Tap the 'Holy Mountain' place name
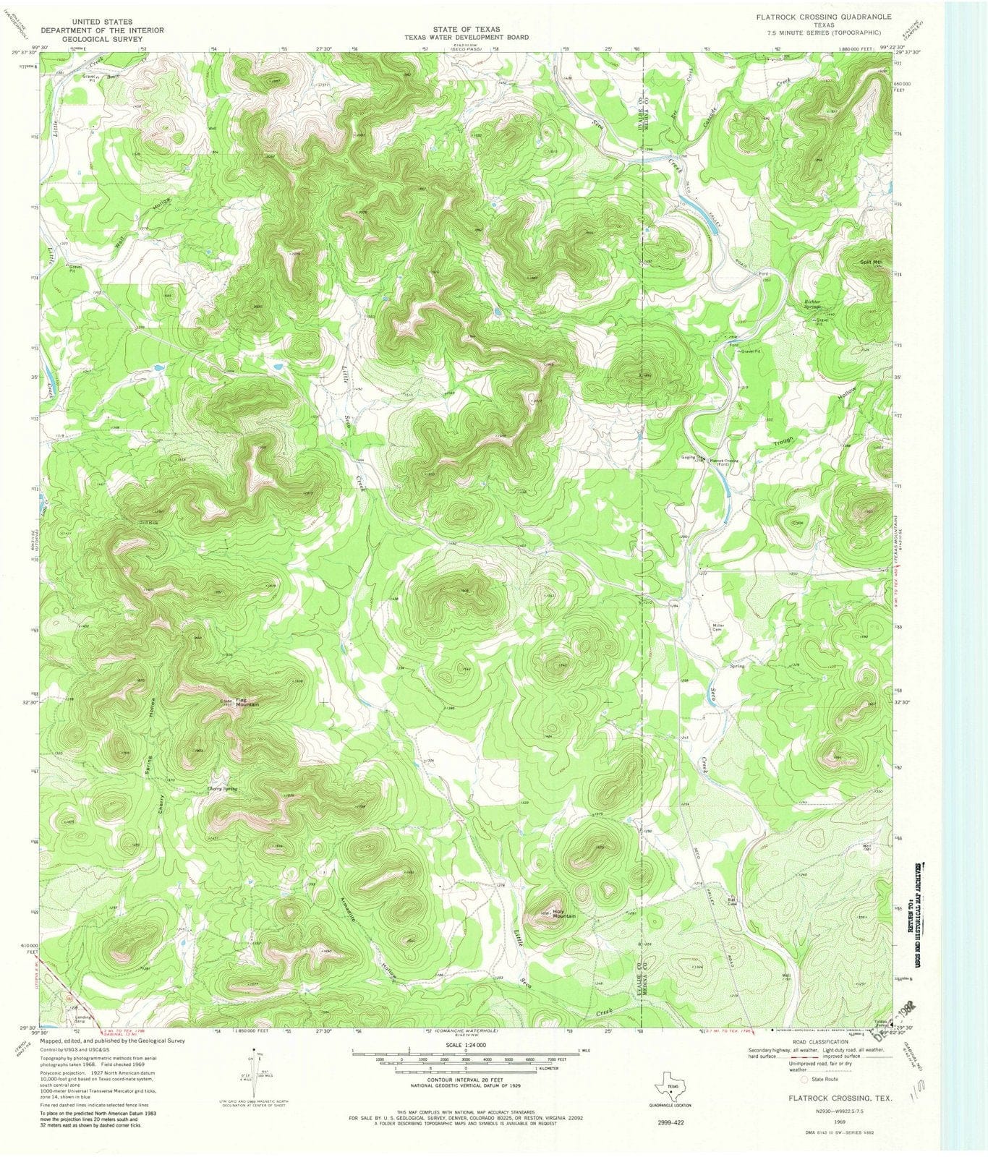(563, 913)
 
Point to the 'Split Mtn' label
(870, 262)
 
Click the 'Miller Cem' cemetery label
(719, 627)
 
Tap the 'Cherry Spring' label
(222, 789)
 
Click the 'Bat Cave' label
(732, 901)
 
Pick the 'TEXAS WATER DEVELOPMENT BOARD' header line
(466, 37)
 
